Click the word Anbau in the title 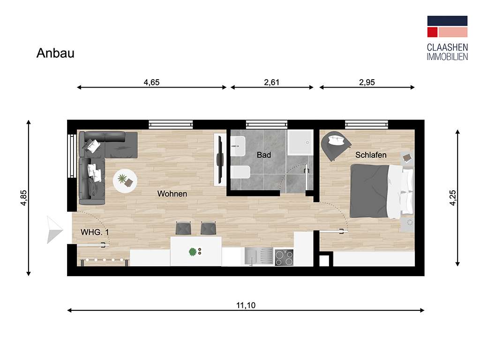point(55,53)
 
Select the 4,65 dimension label point(151,82)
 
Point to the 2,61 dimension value point(272,82)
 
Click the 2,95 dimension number point(367,82)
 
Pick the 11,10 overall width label point(246,306)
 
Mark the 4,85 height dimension point(23,197)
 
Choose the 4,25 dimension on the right point(452,197)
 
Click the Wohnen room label point(172,194)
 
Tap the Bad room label point(264,155)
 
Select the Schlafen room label point(371,155)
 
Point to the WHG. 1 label point(95,232)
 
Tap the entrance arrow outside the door point(54,229)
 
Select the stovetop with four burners point(284,257)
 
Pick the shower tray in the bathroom point(300,142)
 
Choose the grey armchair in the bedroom point(336,145)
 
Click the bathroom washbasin point(238,146)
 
